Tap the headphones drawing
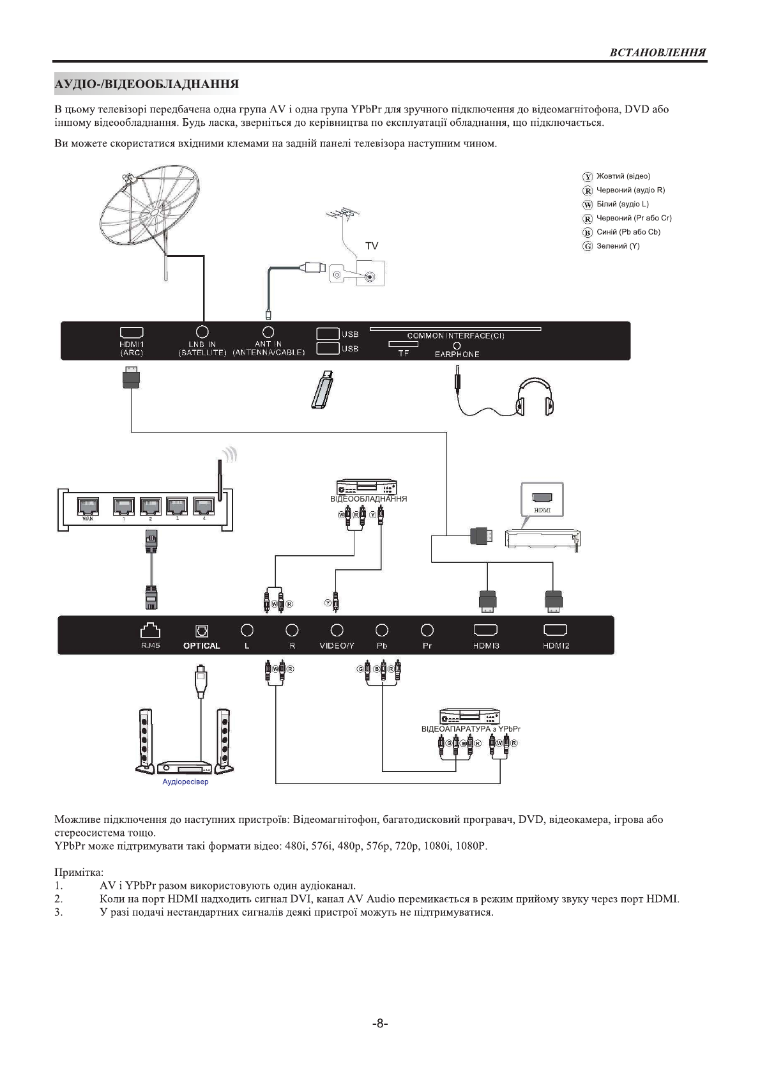pos(535,396)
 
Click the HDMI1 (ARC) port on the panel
pos(132,333)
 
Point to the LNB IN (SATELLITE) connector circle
pos(202,332)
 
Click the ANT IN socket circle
pos(268,332)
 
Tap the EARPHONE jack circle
pos(457,346)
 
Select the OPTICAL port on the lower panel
pos(201,631)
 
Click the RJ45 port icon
pos(151,631)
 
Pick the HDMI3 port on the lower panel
pos(486,631)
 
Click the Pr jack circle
pos(427,631)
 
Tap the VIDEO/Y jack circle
pos(337,631)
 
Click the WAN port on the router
pos(88,507)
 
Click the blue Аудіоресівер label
pos(185,781)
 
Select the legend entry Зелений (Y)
pos(617,246)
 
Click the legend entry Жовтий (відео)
pos(623,176)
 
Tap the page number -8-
pos(380,1023)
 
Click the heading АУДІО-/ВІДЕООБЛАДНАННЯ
pos(147,84)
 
